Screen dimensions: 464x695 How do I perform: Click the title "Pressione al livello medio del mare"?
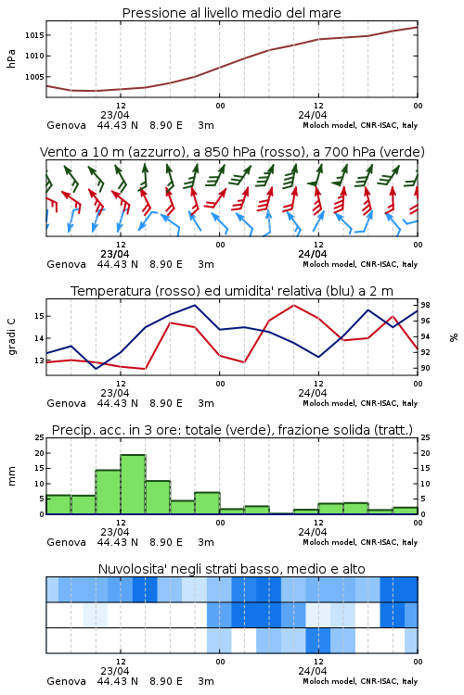tap(231, 13)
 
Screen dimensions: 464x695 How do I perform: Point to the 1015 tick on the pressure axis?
tap(34, 35)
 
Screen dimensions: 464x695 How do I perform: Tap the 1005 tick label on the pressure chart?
tap(34, 77)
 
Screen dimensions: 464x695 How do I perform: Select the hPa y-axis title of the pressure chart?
tap(11, 58)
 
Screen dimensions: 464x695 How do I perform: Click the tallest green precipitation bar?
tap(134, 484)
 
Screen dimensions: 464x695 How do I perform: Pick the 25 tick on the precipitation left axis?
tap(40, 437)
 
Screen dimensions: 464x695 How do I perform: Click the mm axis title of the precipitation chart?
tap(11, 475)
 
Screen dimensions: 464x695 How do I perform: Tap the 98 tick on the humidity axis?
tap(425, 306)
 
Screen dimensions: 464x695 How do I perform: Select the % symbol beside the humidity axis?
tap(454, 337)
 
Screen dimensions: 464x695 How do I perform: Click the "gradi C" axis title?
tap(11, 337)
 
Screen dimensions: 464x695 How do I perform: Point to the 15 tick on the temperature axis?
tap(40, 317)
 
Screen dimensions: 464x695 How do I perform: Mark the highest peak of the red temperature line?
tap(294, 306)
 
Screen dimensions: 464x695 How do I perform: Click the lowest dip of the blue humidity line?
tap(97, 369)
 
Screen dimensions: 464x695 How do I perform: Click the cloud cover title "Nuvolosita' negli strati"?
tap(189, 569)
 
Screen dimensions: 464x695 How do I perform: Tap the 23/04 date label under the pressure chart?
tap(114, 115)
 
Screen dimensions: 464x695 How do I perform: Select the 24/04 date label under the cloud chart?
tap(312, 671)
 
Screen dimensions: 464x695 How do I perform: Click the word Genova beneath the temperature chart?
tap(66, 403)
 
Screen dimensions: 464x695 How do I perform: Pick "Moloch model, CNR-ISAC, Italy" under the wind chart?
tap(360, 264)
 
